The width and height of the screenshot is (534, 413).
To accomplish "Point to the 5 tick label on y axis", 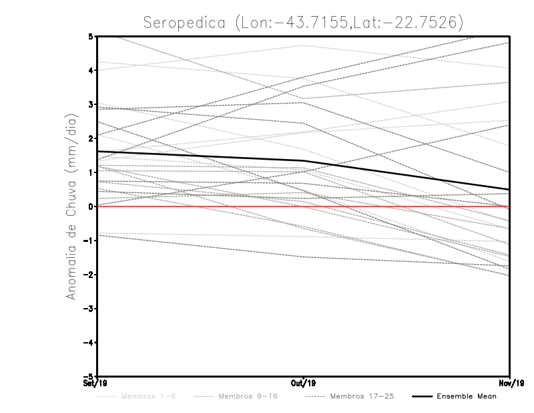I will [90, 36].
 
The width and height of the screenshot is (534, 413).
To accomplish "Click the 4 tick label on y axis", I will [90, 70].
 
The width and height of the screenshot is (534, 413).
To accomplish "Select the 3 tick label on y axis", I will [90, 104].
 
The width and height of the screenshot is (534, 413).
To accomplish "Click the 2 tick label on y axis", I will [90, 138].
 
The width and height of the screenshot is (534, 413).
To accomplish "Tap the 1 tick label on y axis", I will [90, 172].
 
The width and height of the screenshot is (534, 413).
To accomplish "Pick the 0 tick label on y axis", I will [90, 206].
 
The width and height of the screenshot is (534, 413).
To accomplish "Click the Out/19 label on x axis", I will [304, 383].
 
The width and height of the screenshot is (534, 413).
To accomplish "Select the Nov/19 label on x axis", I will [510, 383].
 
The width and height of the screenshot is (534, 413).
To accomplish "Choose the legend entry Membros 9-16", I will [247, 396].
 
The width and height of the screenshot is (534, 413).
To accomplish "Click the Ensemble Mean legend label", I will [466, 396].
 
